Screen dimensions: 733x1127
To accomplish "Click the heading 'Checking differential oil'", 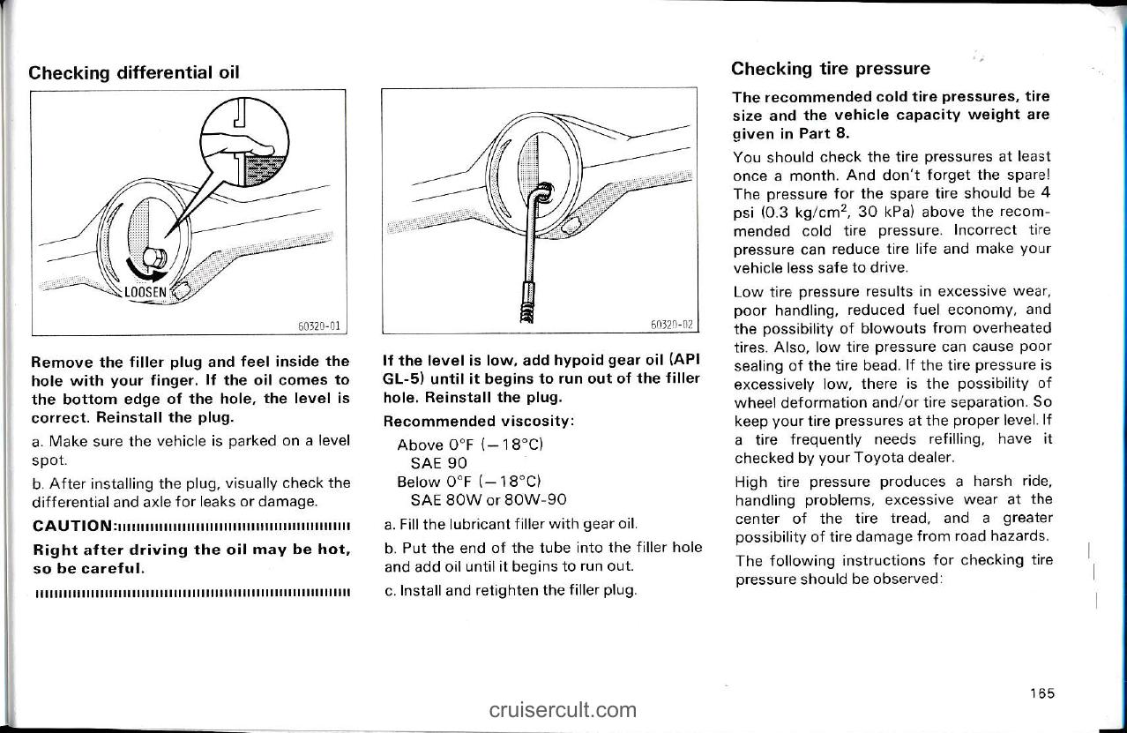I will pos(134,72).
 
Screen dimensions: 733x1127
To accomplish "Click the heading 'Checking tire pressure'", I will pos(831,69).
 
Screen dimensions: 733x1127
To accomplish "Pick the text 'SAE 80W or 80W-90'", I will pos(482,498).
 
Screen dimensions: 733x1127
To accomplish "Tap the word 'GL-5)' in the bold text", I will pos(405,378).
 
